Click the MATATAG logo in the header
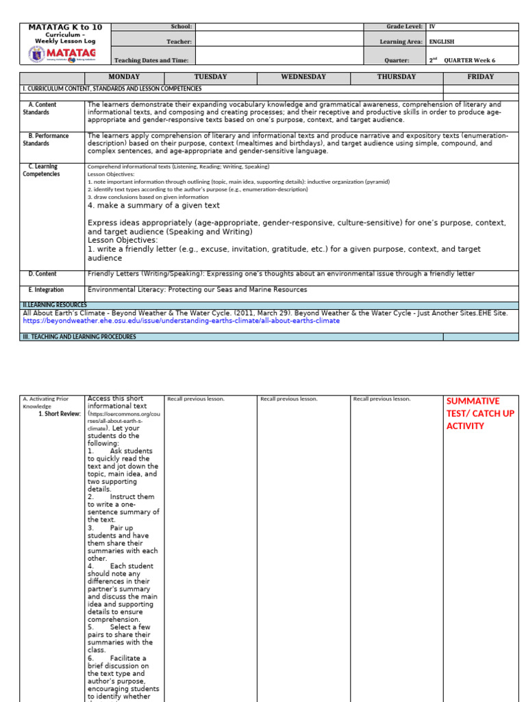pyautogui.click(x=65, y=55)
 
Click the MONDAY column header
pyautogui.click(x=123, y=77)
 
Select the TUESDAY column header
pyautogui.click(x=210, y=77)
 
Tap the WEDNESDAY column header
pyautogui.click(x=303, y=77)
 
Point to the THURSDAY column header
pyautogui.click(x=396, y=77)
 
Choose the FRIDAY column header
pyautogui.click(x=480, y=77)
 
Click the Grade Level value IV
pyautogui.click(x=432, y=27)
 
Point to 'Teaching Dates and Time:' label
pyautogui.click(x=151, y=60)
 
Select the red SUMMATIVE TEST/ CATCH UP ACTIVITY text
pyautogui.click(x=480, y=413)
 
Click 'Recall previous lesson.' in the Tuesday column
pyautogui.click(x=196, y=398)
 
